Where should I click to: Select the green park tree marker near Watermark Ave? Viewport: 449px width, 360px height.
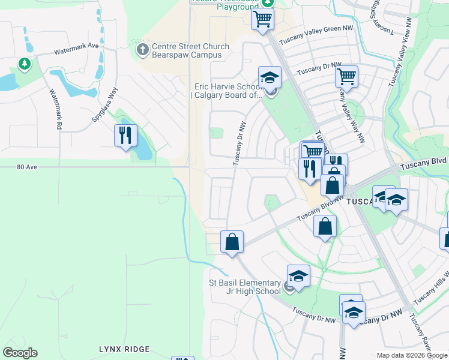[x=24, y=64]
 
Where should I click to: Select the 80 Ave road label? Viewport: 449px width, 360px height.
[x=28, y=167]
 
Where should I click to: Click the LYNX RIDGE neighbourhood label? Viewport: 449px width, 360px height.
[x=124, y=349]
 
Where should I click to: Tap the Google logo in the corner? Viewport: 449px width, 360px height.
[x=20, y=353]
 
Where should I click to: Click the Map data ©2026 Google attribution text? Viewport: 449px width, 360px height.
[x=412, y=355]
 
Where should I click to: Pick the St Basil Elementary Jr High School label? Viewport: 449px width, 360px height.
[x=244, y=287]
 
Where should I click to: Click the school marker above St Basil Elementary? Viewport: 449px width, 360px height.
[x=298, y=275]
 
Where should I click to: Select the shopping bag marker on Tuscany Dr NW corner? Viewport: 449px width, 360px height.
[x=232, y=242]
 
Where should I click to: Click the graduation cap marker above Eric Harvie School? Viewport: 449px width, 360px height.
[x=270, y=77]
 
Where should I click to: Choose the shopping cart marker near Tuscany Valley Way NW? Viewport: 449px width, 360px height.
[x=346, y=76]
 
